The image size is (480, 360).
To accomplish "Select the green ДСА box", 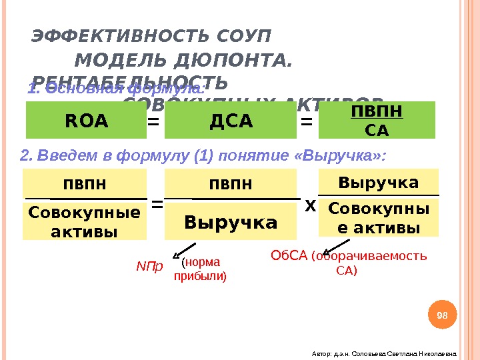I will [231, 121].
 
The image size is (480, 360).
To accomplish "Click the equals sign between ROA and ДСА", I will [153, 122].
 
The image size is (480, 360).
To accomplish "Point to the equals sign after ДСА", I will [307, 122].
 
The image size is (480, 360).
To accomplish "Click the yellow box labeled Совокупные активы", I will [84, 222].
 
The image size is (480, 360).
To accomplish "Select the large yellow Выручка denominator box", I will [231, 221].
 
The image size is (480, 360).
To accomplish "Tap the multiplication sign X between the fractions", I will [310, 207].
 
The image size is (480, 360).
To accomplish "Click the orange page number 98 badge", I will [442, 315].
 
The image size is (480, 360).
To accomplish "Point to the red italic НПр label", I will [149, 267].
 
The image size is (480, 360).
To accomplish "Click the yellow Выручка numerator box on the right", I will [379, 182].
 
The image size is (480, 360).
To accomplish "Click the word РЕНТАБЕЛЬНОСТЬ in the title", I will [129, 83].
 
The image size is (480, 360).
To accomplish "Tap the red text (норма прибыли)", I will [200, 269].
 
